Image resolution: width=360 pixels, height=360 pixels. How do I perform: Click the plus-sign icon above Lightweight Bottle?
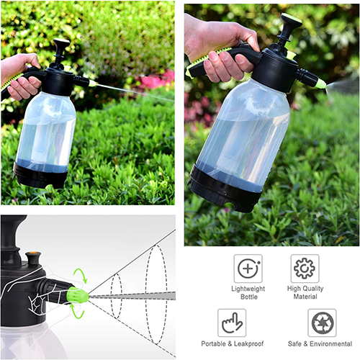(x=248, y=269)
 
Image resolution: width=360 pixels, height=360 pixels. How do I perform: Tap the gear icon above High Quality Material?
(x=305, y=269)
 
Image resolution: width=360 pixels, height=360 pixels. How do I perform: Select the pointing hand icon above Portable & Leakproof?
(x=232, y=323)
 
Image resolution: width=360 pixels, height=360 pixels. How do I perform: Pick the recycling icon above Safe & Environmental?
(x=322, y=323)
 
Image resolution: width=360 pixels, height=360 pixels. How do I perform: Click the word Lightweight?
(x=248, y=289)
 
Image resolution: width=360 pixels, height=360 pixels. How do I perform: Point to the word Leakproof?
(x=248, y=344)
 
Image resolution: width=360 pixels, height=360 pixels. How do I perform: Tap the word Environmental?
(x=330, y=344)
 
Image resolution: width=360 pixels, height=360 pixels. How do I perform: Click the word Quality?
(x=312, y=289)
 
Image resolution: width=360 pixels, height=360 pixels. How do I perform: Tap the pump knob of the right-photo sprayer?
(x=291, y=20)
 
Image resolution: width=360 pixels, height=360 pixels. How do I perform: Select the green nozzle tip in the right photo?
(x=320, y=84)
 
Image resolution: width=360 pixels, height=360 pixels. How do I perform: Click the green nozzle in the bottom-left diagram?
(x=77, y=295)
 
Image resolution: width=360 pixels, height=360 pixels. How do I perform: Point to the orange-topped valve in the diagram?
(x=33, y=258)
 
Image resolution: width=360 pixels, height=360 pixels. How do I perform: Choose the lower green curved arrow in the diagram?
(x=78, y=311)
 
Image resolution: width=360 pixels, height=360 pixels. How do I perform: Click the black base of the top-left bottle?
(x=40, y=176)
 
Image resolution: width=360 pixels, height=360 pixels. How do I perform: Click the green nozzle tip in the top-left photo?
(x=92, y=84)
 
